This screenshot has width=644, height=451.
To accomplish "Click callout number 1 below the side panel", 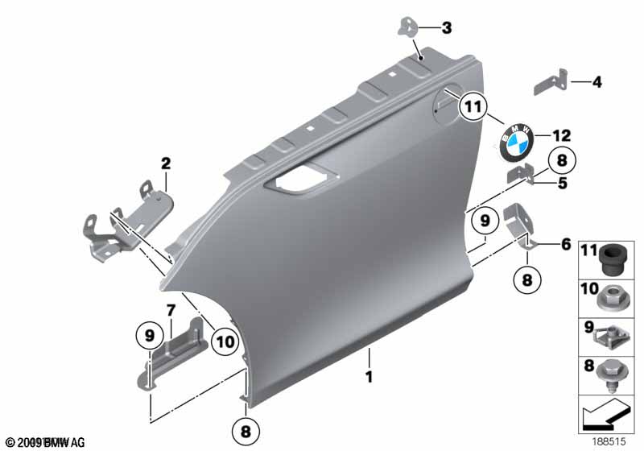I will point(369,375).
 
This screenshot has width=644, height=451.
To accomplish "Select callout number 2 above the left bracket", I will point(166,164).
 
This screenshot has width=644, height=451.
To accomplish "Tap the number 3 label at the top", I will point(447,29).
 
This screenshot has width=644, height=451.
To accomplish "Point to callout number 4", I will point(597,81).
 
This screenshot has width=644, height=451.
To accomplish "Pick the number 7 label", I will point(171,310).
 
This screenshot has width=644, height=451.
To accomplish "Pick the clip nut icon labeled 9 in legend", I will point(614,335).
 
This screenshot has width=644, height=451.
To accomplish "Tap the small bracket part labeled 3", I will point(410,27).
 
